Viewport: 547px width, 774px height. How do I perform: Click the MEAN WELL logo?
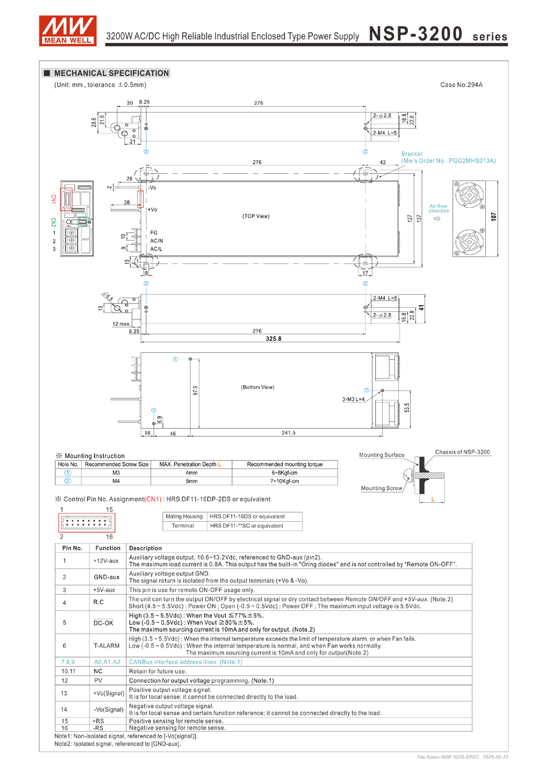coord(68,31)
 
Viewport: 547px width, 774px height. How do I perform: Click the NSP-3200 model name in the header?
coord(416,34)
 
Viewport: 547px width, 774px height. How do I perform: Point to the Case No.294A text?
coord(461,85)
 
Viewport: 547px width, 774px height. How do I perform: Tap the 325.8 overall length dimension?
coord(273,339)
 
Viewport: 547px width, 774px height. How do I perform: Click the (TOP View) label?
coord(256,216)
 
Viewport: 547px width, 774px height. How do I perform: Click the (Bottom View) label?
coord(258,387)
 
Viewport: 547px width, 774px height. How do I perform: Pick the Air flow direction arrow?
coord(437,219)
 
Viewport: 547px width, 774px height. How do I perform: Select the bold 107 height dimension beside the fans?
coord(494,217)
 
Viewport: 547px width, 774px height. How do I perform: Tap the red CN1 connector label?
coord(54,199)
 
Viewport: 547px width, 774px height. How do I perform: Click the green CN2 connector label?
coord(54,222)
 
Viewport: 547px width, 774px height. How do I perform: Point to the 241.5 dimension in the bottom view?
coord(289,433)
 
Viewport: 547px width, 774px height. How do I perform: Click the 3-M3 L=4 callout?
coord(353,399)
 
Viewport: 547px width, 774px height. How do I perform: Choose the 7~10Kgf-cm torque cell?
coord(284,481)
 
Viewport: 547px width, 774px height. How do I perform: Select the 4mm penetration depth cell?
coord(191,473)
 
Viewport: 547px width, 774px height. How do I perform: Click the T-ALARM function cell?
coord(107,645)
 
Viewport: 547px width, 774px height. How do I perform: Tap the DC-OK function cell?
coord(103,622)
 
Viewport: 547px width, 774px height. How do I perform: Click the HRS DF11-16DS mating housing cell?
coord(247,516)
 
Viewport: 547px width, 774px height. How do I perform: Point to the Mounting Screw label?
coord(381,488)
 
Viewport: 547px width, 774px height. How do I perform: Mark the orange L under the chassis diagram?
coord(433,499)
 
